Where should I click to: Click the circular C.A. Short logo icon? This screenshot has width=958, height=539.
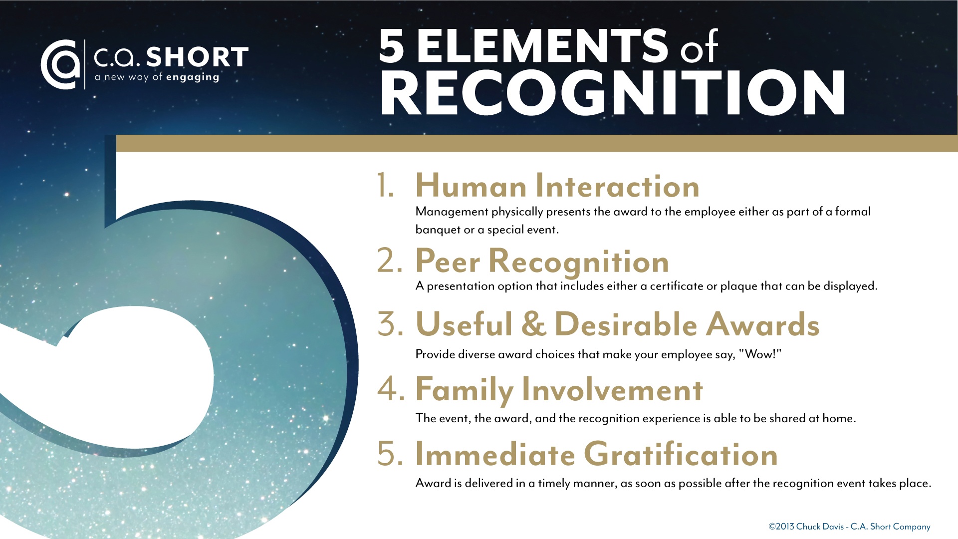(60, 64)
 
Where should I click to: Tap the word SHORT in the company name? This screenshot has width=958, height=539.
(198, 57)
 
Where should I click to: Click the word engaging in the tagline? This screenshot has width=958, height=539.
(193, 77)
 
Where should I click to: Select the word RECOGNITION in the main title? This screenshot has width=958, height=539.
(613, 93)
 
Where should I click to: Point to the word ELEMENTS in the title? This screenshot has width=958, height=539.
(542, 46)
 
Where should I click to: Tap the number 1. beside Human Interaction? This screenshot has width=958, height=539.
(385, 186)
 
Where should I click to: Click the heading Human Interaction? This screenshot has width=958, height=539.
(557, 186)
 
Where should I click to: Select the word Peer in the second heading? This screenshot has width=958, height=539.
(448, 261)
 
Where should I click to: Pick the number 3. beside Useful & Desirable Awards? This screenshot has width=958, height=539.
(390, 324)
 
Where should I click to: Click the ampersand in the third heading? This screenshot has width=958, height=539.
(533, 324)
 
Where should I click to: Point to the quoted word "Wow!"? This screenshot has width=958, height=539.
(760, 354)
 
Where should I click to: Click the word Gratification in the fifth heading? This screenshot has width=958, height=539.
(681, 454)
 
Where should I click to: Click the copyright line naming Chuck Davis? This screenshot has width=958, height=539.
(849, 527)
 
